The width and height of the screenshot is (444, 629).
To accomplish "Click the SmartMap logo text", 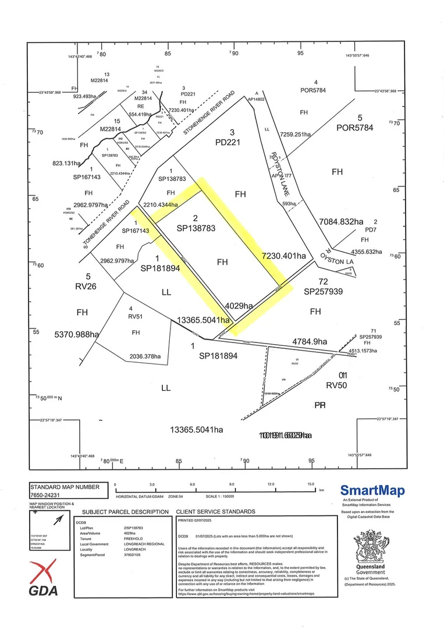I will click(x=372, y=490).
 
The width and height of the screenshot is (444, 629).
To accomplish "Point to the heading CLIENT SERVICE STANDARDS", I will click(x=215, y=512).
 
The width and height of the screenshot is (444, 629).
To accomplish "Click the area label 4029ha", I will click(x=239, y=306).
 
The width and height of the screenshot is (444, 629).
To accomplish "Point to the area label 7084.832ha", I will click(x=341, y=221).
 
